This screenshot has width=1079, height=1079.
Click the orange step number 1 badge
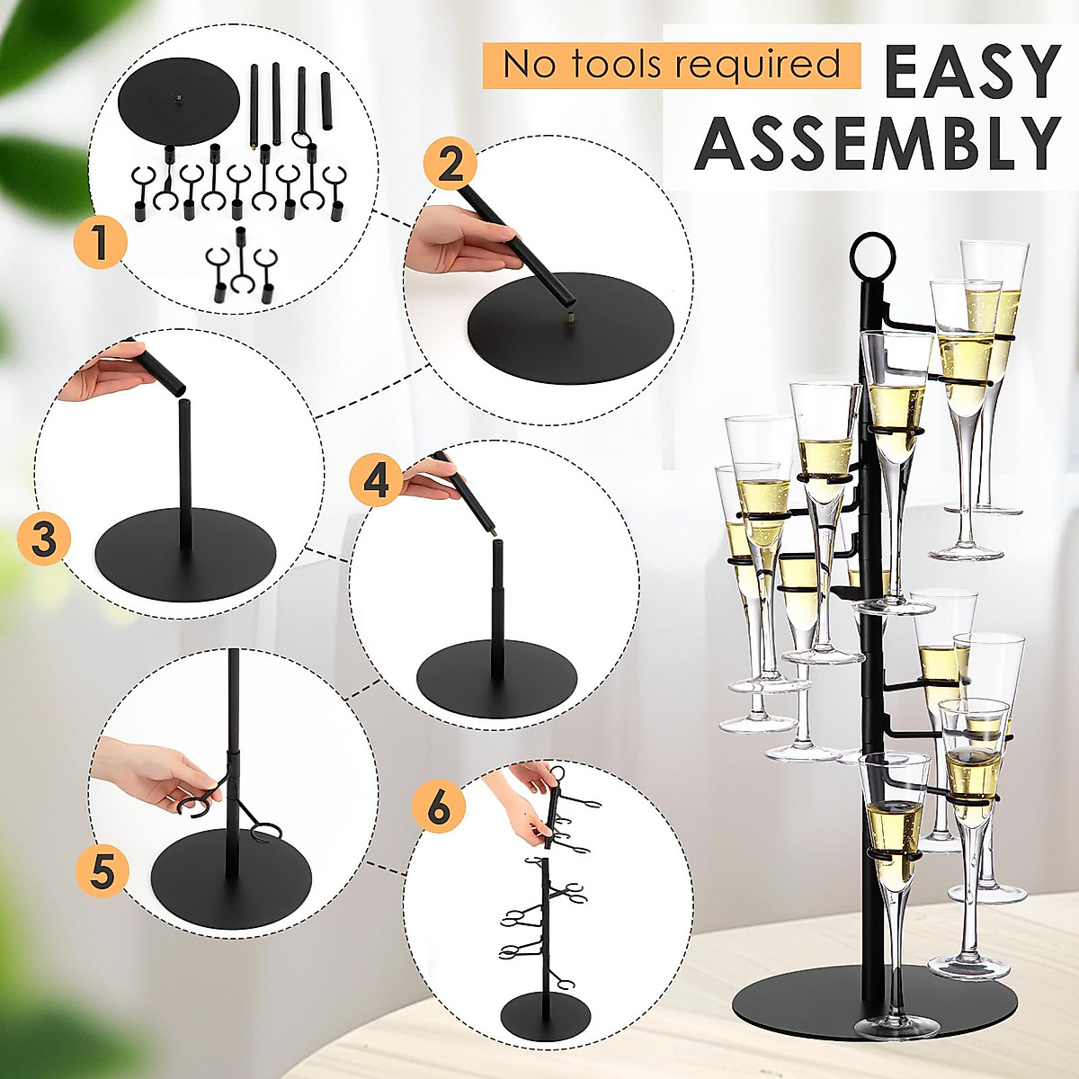click(x=100, y=241)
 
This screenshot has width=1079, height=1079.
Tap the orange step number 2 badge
click(x=451, y=164)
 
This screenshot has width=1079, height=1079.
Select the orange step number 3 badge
click(x=44, y=540)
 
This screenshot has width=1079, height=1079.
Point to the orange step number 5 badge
click(x=103, y=869)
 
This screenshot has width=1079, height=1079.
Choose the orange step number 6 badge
click(x=438, y=806)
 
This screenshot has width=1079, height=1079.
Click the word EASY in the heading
click(x=971, y=73)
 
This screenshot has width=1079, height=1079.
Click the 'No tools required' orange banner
click(x=671, y=65)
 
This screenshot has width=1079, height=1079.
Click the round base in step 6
click(x=545, y=1013)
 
